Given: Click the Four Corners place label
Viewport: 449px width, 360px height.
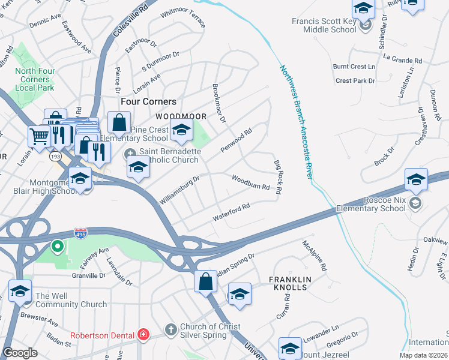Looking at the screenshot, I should coord(148,102).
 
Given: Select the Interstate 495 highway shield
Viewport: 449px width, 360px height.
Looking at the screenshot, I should coord(80,232).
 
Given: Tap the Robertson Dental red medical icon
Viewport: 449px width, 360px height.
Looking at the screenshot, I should coord(143,334).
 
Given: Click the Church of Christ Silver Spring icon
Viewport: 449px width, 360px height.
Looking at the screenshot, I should coord(171,329).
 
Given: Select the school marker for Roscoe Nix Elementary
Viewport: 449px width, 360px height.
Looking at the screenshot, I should coord(416,179).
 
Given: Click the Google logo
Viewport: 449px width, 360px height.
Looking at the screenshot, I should coord(20,353).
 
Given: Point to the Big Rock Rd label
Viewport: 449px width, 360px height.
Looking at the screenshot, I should coord(277,177).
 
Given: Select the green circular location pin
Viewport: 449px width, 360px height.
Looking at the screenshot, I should coord(57,246).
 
